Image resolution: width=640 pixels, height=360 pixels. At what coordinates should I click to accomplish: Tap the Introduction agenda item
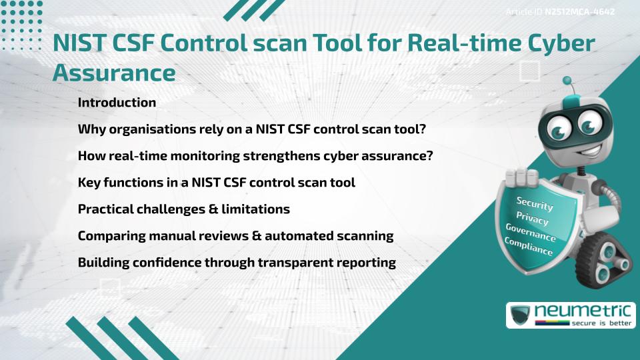click(117, 103)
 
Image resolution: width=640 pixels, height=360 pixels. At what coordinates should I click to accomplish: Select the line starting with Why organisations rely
click(252, 129)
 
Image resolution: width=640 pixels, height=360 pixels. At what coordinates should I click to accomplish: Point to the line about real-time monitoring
click(255, 156)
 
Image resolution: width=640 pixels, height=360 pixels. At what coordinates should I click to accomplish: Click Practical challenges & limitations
click(183, 209)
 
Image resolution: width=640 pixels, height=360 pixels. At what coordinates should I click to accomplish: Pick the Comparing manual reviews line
click(235, 236)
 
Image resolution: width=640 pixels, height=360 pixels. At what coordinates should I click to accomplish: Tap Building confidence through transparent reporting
click(237, 263)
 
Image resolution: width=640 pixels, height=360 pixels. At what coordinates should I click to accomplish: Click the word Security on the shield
click(535, 203)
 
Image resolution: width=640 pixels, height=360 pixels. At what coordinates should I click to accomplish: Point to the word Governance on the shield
click(531, 233)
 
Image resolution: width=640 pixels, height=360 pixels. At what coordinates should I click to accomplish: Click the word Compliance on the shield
click(528, 247)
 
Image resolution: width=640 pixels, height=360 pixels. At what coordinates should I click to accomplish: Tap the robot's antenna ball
click(568, 81)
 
